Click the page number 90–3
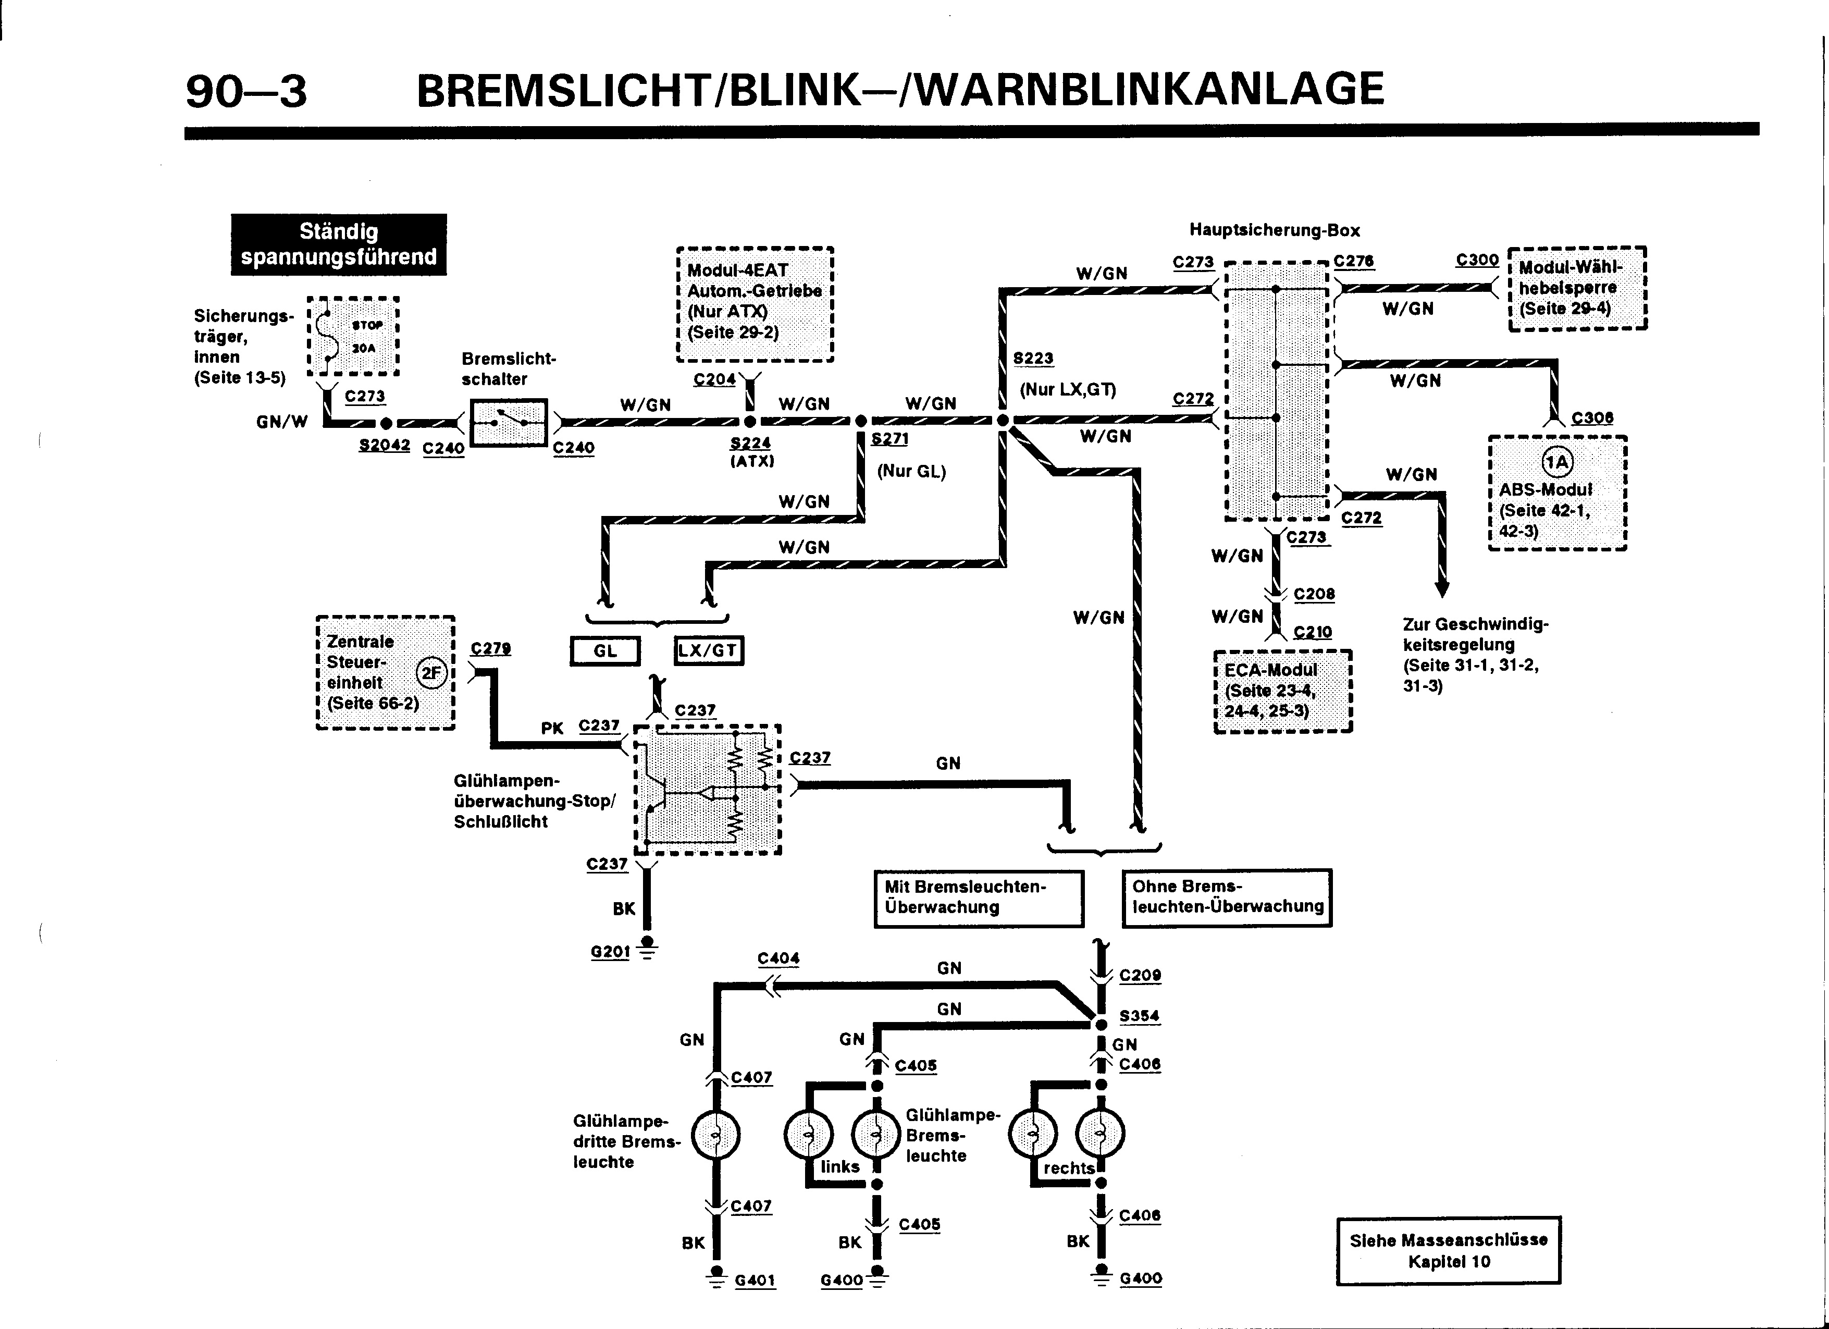point(246,90)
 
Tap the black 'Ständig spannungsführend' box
point(339,244)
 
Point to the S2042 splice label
point(384,445)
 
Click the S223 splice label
point(1033,358)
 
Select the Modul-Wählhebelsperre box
point(1577,288)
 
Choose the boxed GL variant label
point(605,651)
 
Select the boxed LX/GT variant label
point(708,651)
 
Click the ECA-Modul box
point(1283,691)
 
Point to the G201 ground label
point(610,952)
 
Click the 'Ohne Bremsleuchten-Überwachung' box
point(1227,897)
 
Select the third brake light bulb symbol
point(715,1136)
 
